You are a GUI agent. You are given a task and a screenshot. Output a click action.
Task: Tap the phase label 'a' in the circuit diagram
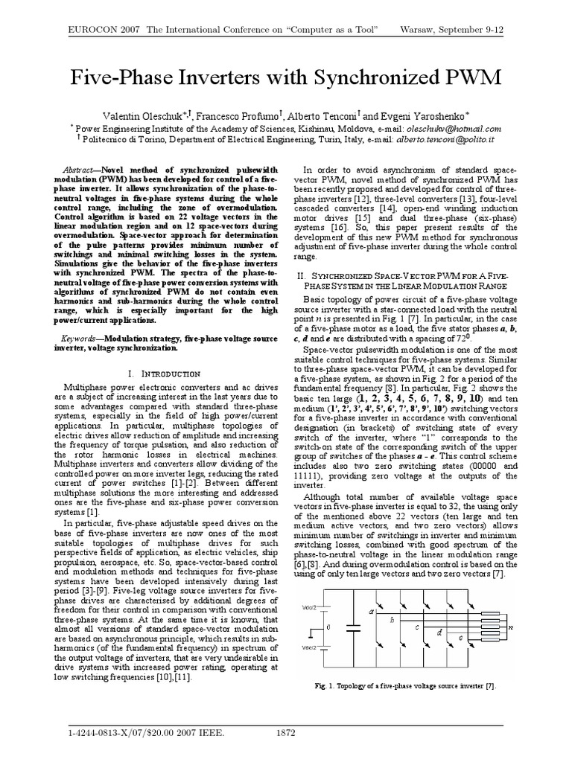[x=370, y=612]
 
